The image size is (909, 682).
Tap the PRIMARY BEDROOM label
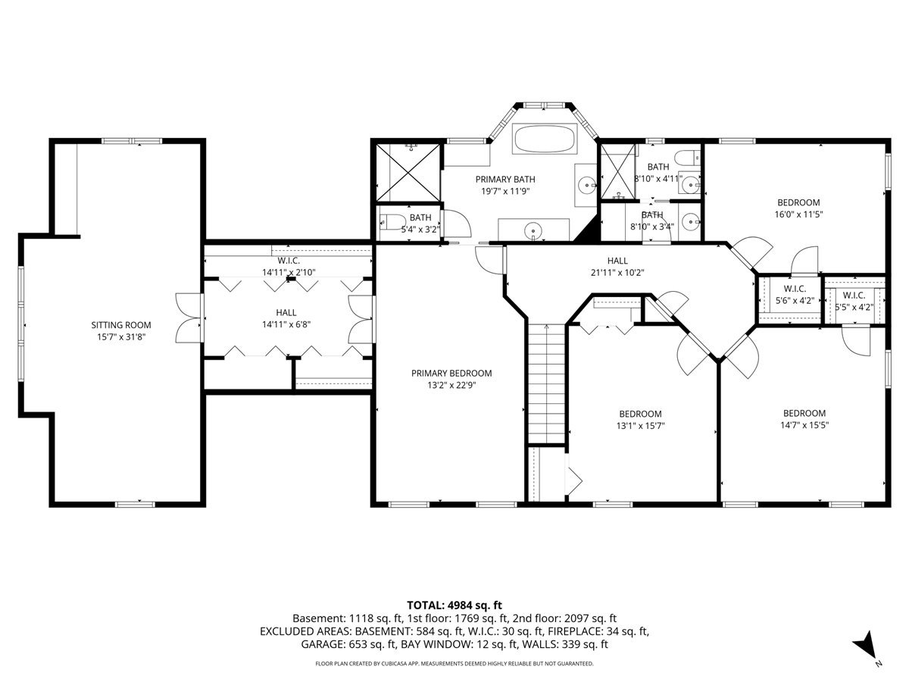click(x=451, y=373)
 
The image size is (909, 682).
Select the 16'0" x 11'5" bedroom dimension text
click(x=799, y=214)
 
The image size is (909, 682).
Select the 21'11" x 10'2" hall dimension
click(x=618, y=273)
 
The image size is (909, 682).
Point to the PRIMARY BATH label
click(x=505, y=180)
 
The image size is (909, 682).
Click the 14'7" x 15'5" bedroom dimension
click(x=804, y=425)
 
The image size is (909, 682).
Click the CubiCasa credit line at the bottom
click(x=454, y=664)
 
